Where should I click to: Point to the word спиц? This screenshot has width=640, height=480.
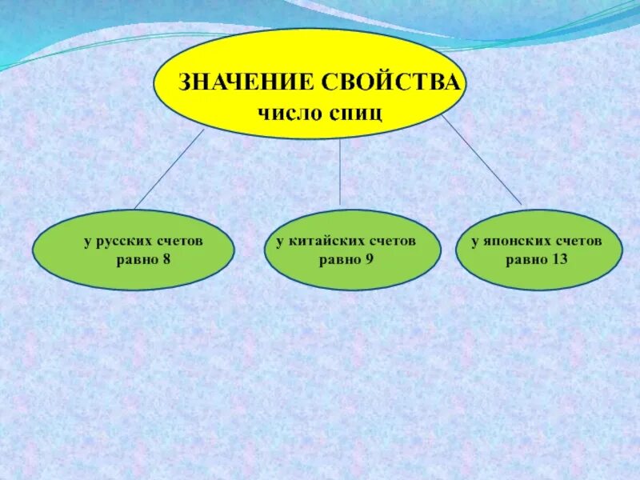pos(356,111)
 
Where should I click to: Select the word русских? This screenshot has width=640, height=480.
pos(124,240)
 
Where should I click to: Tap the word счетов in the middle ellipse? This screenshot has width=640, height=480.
pos(392,240)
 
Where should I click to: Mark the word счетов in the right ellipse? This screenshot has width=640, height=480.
pos(578,240)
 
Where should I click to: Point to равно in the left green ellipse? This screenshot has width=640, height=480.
pos(137,258)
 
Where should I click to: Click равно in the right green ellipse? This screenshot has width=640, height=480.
pos(525,258)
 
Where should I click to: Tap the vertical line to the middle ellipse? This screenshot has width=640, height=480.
pos(340,172)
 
